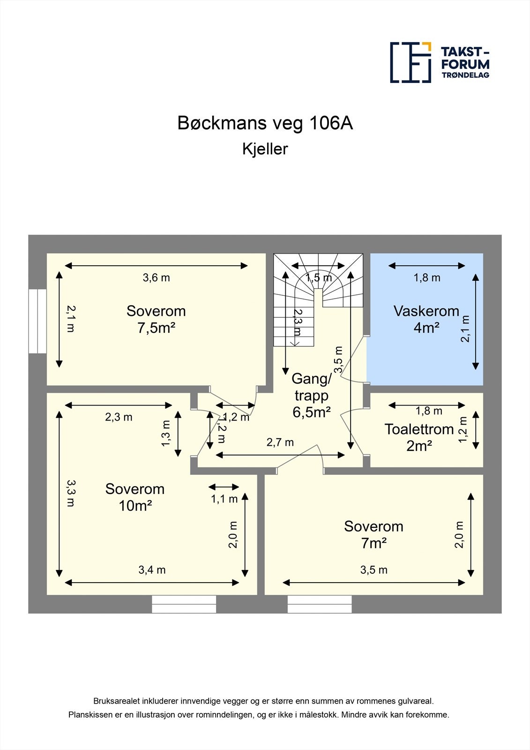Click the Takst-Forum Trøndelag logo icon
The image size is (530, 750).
[411, 62]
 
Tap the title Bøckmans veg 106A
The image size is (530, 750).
[265, 123]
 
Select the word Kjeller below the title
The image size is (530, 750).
[265, 149]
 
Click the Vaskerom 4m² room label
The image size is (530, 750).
[426, 319]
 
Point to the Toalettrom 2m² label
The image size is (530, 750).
[419, 437]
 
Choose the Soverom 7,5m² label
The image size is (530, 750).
[156, 319]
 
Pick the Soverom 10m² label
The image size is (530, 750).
[135, 497]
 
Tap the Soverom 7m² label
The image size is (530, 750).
[373, 534]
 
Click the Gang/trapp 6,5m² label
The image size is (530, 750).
[312, 395]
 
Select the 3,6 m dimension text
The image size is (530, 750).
[156, 277]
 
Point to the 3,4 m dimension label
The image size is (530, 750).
[152, 570]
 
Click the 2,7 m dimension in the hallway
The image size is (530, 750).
[280, 442]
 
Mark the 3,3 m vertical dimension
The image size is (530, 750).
[70, 493]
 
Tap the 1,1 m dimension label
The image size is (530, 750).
[224, 499]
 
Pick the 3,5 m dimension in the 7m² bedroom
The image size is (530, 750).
[373, 570]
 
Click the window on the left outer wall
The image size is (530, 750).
[37, 321]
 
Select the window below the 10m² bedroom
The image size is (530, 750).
[184, 604]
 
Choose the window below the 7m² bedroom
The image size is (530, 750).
[319, 604]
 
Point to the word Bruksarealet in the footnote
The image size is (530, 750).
[114, 701]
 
